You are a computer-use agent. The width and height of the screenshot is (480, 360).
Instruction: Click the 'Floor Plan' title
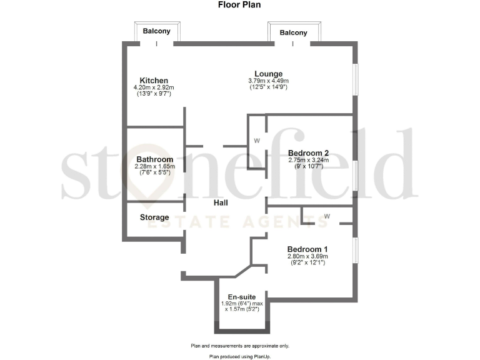239,5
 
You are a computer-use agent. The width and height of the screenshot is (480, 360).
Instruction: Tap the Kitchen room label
154,81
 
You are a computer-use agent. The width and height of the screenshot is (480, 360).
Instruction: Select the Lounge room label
268,73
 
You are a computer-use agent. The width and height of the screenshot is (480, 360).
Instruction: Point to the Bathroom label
154,159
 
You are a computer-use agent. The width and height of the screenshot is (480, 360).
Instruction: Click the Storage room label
154,217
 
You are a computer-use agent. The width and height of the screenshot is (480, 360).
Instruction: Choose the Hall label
220,203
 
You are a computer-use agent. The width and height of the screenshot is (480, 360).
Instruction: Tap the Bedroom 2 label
308,153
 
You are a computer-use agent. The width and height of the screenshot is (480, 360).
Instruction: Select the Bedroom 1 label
307,248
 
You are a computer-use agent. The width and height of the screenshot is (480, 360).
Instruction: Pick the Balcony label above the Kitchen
156,31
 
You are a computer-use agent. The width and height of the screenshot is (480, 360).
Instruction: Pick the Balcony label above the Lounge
293,32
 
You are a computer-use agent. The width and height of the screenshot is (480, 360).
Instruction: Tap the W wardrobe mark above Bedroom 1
327,217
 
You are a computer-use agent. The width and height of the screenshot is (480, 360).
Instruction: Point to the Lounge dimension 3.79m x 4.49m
268,81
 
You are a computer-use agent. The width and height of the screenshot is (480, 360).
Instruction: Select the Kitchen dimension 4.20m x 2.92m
154,88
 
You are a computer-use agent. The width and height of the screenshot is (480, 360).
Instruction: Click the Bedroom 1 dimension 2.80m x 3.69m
307,256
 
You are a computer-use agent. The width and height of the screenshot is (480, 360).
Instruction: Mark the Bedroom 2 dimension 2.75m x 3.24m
308,161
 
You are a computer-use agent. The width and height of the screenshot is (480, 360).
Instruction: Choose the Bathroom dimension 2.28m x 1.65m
154,167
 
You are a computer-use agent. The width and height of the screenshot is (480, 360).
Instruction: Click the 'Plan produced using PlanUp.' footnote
240,356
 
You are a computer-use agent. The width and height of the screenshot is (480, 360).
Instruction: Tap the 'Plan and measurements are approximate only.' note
240,346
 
